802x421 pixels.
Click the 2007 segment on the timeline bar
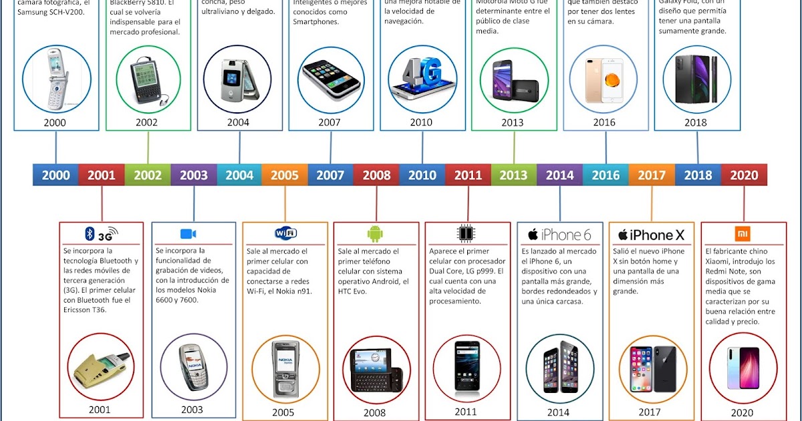tap(330, 175)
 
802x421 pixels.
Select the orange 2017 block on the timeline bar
tap(652, 175)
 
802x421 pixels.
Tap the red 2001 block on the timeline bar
tap(102, 175)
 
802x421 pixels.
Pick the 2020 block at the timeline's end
tap(744, 175)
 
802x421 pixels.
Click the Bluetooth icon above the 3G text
tap(89, 233)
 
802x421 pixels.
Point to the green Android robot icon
tap(375, 233)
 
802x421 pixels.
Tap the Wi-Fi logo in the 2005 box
tap(285, 233)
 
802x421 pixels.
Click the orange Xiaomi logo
tap(743, 234)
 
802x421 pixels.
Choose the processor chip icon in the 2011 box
tap(466, 233)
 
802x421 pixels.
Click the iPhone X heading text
tap(652, 235)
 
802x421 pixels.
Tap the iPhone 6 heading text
tap(560, 235)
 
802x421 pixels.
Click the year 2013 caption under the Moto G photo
tap(513, 122)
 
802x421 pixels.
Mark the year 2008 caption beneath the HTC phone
tap(375, 413)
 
